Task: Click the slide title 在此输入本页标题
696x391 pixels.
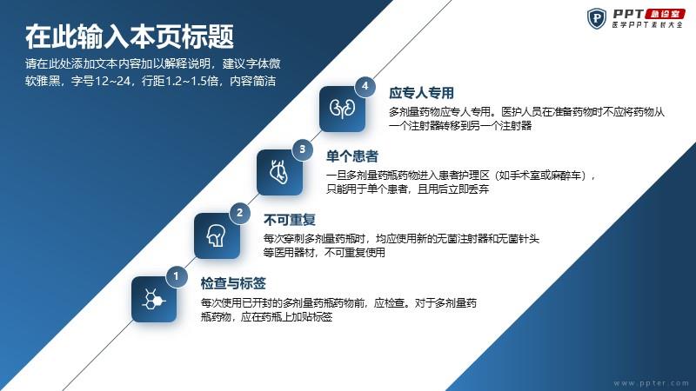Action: (x=129, y=36)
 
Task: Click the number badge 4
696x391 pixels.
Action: (x=365, y=86)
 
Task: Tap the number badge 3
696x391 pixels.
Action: (x=302, y=149)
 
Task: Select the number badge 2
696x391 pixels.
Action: (x=240, y=213)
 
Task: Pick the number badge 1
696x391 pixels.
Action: (x=177, y=276)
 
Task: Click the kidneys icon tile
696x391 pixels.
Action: (x=342, y=109)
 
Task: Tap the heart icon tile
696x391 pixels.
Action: (x=279, y=172)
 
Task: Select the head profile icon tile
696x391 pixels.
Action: (x=217, y=235)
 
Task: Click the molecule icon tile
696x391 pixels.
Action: (x=154, y=299)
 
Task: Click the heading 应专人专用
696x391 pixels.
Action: (x=421, y=93)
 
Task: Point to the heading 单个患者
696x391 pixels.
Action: (x=352, y=156)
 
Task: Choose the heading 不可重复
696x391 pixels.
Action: (x=290, y=220)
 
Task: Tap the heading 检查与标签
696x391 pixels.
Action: (x=233, y=283)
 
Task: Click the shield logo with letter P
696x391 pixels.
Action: (x=597, y=18)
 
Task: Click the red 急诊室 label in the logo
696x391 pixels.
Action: (x=665, y=14)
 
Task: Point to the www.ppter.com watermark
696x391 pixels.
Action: (x=651, y=383)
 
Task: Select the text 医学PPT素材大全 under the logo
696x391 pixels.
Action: (x=647, y=25)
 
